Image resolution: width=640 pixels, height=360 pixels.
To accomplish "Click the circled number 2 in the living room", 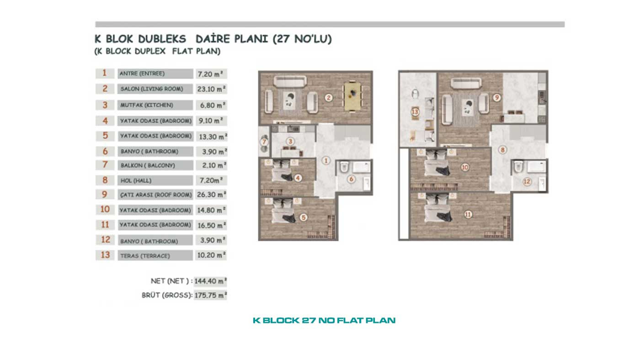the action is pyautogui.click(x=329, y=98).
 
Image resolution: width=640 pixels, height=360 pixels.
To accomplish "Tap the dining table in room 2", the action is pyautogui.click(x=352, y=96).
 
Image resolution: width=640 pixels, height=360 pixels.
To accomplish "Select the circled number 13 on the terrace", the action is pyautogui.click(x=415, y=111).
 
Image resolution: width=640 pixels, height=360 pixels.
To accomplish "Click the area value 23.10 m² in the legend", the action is pyautogui.click(x=211, y=89).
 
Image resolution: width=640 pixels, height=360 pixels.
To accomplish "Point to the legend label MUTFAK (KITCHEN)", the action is pyautogui.click(x=147, y=105).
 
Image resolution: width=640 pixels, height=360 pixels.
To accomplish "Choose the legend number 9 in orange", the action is pyautogui.click(x=105, y=195).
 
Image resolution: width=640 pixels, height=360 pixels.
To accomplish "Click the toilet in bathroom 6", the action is pyautogui.click(x=344, y=167).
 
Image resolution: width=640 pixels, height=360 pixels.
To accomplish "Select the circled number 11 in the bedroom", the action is pyautogui.click(x=468, y=214).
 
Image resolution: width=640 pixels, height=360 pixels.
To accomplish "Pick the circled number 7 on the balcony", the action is pyautogui.click(x=264, y=142).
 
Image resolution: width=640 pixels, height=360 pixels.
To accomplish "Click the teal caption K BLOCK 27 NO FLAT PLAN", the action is pyautogui.click(x=324, y=320).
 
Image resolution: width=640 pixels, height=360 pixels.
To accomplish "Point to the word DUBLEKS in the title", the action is pyautogui.click(x=162, y=39).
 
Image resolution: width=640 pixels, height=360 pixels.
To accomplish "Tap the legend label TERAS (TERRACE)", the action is pyautogui.click(x=145, y=256).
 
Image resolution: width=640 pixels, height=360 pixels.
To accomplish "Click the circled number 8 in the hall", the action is pyautogui.click(x=502, y=150).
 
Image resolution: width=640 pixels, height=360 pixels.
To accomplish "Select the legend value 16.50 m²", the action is pyautogui.click(x=211, y=225).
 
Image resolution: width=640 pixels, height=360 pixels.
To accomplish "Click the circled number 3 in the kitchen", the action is pyautogui.click(x=290, y=141).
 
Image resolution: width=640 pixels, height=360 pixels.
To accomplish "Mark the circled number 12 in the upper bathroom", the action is pyautogui.click(x=527, y=181).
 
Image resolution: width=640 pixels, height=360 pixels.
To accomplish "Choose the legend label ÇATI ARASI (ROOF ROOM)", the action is pyautogui.click(x=156, y=195).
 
